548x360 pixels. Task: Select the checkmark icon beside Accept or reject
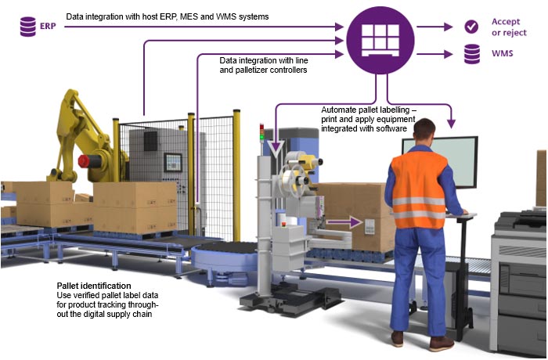[x=471, y=27]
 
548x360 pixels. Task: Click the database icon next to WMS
[x=471, y=54]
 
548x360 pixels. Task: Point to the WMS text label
[x=502, y=55]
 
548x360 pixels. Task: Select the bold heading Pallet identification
[x=94, y=286]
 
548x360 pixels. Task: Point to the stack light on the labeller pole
[x=261, y=133]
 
